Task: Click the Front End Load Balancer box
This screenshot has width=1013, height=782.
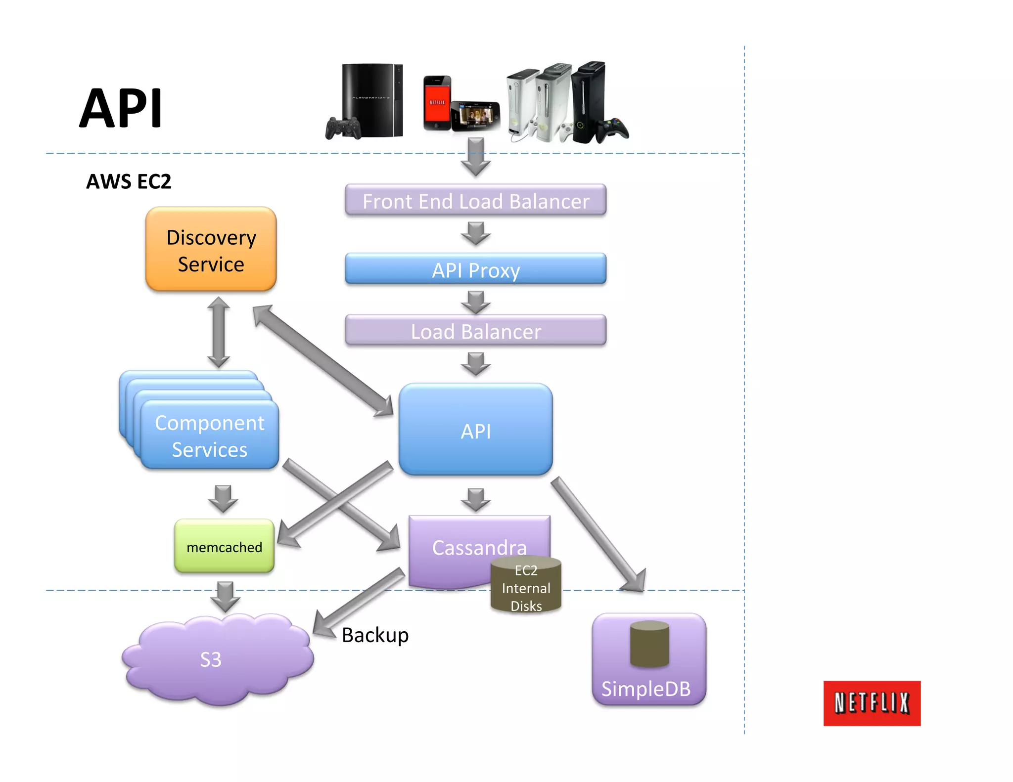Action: click(475, 200)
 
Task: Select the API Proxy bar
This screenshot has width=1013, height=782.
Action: click(475, 269)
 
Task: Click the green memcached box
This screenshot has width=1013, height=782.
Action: click(224, 547)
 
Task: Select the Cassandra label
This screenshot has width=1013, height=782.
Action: click(479, 547)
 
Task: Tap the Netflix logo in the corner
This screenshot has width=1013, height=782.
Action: click(872, 703)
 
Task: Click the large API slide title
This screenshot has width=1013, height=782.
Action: click(121, 108)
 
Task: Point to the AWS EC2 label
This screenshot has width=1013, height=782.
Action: click(129, 181)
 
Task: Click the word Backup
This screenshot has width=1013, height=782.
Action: click(375, 635)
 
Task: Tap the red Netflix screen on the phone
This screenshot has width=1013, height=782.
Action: click(437, 102)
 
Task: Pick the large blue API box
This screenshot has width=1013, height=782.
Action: click(475, 430)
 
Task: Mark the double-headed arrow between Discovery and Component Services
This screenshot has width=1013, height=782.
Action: click(218, 332)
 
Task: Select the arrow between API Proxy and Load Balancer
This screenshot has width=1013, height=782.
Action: click(475, 302)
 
